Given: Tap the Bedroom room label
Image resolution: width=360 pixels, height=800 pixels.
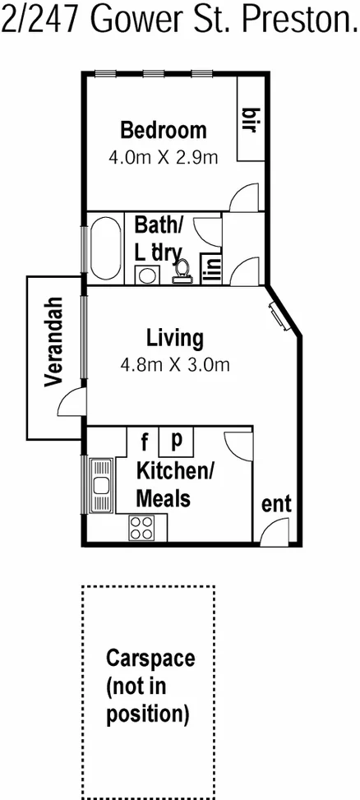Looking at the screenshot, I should [163, 130].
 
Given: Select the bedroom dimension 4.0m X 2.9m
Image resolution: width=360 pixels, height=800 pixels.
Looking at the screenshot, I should [163, 156].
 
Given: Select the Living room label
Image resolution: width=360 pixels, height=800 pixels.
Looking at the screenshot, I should [174, 337].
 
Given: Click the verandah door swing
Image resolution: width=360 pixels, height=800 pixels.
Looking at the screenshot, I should [72, 402].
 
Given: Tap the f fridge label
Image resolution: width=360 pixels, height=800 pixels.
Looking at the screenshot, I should [144, 444].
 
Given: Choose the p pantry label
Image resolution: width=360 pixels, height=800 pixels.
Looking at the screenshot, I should [175, 441].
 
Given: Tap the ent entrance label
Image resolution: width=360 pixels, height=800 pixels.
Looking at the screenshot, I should [276, 504].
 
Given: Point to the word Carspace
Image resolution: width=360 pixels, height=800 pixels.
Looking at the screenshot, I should [150, 659].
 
